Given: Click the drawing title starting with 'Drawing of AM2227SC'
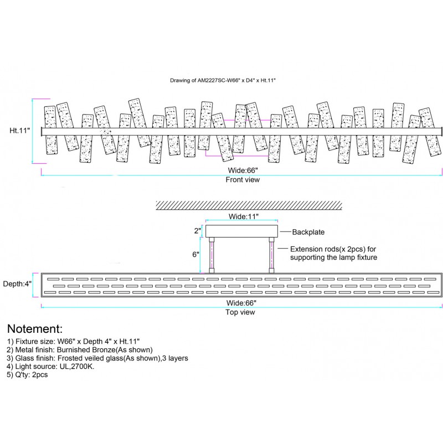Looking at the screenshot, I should tap(222, 80).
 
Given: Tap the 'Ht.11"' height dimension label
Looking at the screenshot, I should tap(20, 131).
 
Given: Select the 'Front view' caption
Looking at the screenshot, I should tap(242, 180).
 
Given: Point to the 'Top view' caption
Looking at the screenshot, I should tap(241, 312).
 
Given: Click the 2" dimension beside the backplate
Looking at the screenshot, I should tap(197, 230).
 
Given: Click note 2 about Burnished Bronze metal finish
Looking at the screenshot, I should tap(80, 349).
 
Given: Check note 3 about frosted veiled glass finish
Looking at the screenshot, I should tap(97, 358).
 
